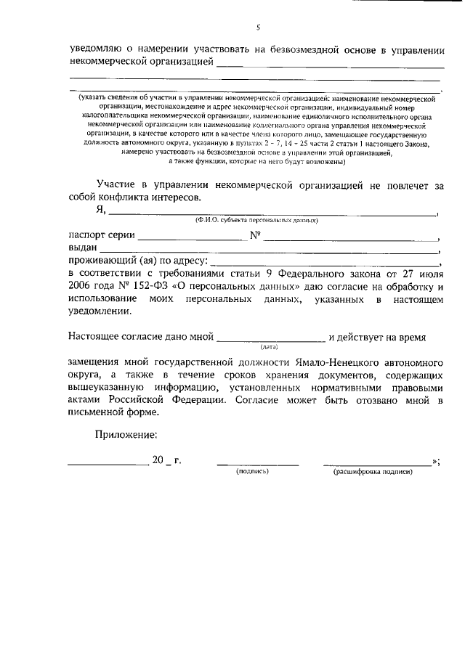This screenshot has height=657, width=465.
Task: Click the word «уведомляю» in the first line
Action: (97, 49)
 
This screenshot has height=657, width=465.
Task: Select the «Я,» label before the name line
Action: (101, 210)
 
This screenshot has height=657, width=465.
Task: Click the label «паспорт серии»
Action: (101, 234)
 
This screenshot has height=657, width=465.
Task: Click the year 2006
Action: (81, 286)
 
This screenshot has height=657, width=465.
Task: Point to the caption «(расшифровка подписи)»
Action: (373, 472)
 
